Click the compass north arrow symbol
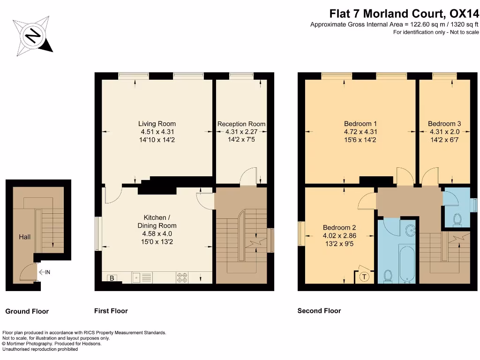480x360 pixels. pyautogui.click(x=32, y=35)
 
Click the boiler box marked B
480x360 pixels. pyautogui.click(x=112, y=277)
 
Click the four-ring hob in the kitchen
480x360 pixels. pyautogui.click(x=182, y=277)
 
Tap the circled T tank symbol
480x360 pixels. pyautogui.click(x=364, y=277)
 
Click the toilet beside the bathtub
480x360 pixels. pyautogui.click(x=388, y=277)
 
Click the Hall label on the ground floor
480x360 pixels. pyautogui.click(x=24, y=237)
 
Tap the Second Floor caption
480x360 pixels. pyautogui.click(x=319, y=311)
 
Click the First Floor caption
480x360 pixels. pyautogui.click(x=111, y=311)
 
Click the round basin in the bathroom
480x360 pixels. pyautogui.click(x=411, y=230)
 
